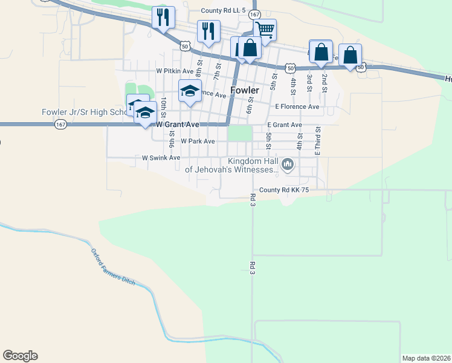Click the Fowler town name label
tap(245, 90)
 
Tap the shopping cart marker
tap(265, 29)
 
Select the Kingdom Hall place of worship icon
tap(288, 164)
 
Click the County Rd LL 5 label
tap(223, 11)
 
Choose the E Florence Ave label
tap(297, 106)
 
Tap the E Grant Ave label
tap(284, 125)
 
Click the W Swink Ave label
tap(161, 157)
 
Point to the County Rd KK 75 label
tap(284, 190)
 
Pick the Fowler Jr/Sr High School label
tap(85, 112)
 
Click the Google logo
tap(20, 356)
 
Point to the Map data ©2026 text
tap(426, 358)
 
